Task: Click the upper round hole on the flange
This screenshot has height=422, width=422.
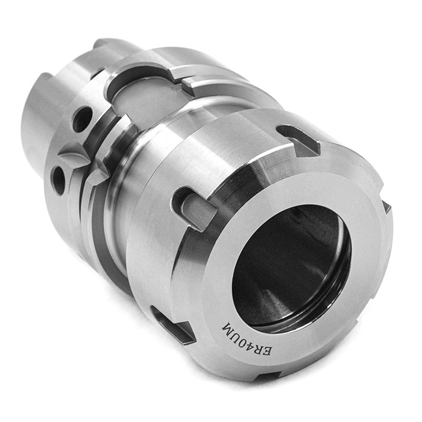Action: click(x=82, y=119)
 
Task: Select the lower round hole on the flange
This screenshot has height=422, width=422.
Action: click(x=59, y=179)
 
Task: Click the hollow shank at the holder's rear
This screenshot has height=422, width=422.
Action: click(x=36, y=127)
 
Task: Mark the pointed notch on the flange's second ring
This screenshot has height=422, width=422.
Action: click(x=96, y=175)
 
